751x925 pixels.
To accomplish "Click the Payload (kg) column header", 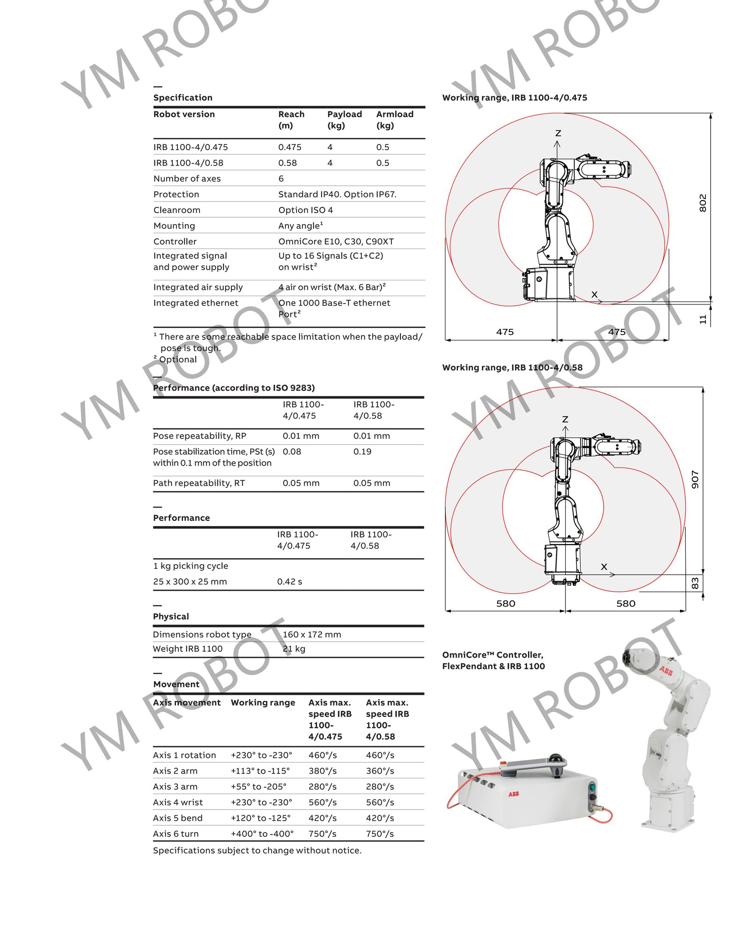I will click(344, 120).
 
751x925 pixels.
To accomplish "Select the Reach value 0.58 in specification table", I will click(287, 163).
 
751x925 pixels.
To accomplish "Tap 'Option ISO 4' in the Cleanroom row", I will click(305, 210).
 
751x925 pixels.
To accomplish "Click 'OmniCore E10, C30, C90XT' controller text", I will click(336, 241).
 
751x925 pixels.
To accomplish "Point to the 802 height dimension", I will click(702, 203).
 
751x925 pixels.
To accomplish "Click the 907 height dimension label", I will click(695, 479).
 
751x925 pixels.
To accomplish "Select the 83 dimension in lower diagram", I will click(695, 583).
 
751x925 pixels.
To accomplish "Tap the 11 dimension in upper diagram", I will click(702, 319).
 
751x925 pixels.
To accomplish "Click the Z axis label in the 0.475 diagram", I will click(558, 133).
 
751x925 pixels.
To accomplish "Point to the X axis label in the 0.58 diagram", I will click(604, 567).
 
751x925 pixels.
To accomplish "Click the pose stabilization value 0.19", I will click(362, 451).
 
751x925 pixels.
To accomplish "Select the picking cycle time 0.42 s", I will click(289, 581).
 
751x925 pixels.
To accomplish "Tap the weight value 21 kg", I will click(294, 649).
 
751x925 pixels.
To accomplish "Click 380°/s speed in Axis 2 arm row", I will click(322, 771).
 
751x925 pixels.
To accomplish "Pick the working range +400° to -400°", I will click(262, 834).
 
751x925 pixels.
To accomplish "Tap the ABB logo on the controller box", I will click(513, 794).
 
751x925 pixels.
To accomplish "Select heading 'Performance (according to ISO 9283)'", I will click(234, 387).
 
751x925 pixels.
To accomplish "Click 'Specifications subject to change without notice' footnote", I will click(257, 850).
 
